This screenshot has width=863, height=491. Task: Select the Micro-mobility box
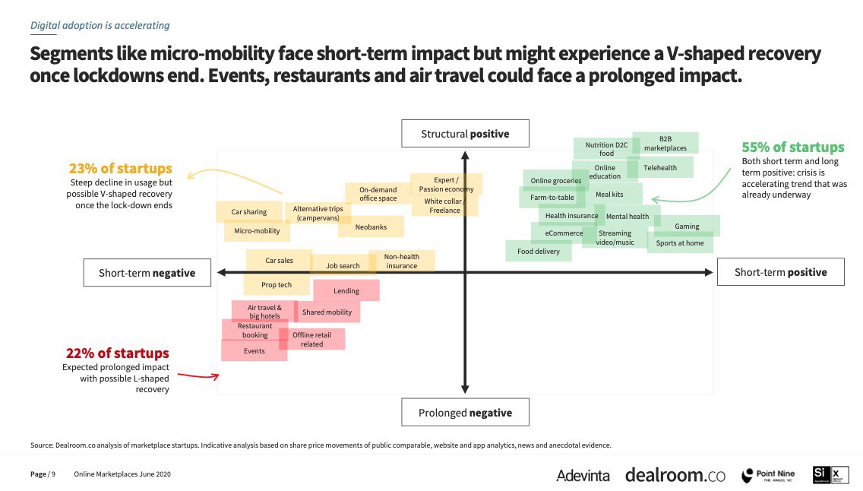pyautogui.click(x=257, y=231)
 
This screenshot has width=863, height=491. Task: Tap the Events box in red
pyautogui.click(x=254, y=351)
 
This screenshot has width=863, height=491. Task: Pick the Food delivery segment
pyautogui.click(x=539, y=251)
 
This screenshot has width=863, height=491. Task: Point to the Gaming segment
pyautogui.click(x=687, y=226)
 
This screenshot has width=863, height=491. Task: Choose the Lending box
pyautogui.click(x=346, y=290)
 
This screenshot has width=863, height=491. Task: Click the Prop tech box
pyautogui.click(x=277, y=285)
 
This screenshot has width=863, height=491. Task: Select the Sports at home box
pyautogui.click(x=680, y=243)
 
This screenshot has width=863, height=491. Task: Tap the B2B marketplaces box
pyautogui.click(x=665, y=144)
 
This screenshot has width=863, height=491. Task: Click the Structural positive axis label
pyautogui.click(x=465, y=135)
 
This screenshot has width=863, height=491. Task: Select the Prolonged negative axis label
pyautogui.click(x=465, y=413)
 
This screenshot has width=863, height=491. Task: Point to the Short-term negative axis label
pyautogui.click(x=147, y=273)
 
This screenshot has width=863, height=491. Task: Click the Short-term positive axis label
pyautogui.click(x=780, y=272)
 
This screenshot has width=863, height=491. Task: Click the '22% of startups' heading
pyautogui.click(x=118, y=353)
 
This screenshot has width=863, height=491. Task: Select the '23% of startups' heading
pyautogui.click(x=121, y=169)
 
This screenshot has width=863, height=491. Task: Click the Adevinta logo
pyautogui.click(x=583, y=475)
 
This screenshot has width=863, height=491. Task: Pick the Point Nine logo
pyautogui.click(x=767, y=475)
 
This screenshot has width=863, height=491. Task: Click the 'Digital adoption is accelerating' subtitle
pyautogui.click(x=100, y=25)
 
